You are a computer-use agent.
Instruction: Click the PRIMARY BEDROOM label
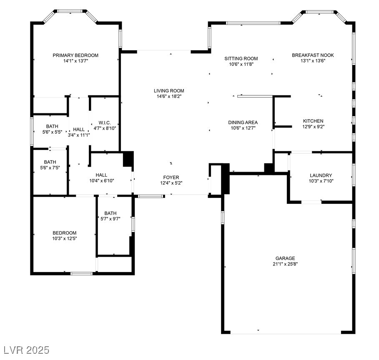pyautogui.click(x=75, y=55)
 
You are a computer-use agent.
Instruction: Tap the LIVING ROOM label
pyautogui.click(x=168, y=91)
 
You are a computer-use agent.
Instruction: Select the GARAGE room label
pyautogui.click(x=285, y=258)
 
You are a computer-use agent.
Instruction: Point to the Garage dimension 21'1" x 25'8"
pyautogui.click(x=285, y=264)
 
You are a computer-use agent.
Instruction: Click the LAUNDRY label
pyautogui.click(x=321, y=175)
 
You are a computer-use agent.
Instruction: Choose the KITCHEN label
pyautogui.click(x=313, y=121)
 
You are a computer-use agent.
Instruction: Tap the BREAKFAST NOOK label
pyautogui.click(x=313, y=55)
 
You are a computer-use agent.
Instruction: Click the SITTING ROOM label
pyautogui.click(x=241, y=59)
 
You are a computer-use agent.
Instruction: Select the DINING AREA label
pyautogui.click(x=243, y=122)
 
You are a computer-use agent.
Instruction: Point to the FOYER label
pyautogui.click(x=171, y=177)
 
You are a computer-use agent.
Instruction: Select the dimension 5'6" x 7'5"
pyautogui.click(x=50, y=167)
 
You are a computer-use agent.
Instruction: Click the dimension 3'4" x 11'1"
pyautogui.click(x=79, y=135)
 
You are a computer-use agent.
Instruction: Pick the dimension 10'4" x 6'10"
pyautogui.click(x=101, y=181)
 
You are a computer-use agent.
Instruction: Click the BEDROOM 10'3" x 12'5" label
pyautogui.click(x=64, y=233)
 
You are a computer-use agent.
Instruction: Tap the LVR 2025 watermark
pyautogui.click(x=25, y=349)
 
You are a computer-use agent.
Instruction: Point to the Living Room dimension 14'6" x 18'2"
pyautogui.click(x=168, y=96)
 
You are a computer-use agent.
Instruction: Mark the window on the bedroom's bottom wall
pyautogui.click(x=81, y=273)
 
